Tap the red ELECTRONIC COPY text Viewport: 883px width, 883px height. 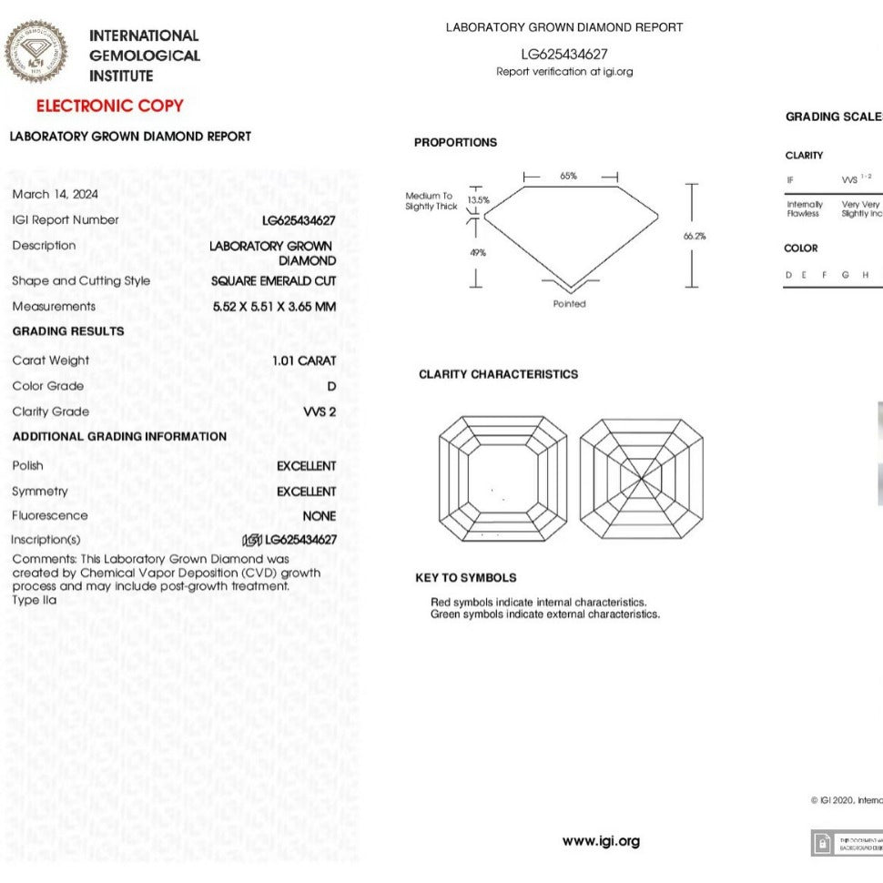pos(109,106)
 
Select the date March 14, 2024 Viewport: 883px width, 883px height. pos(56,194)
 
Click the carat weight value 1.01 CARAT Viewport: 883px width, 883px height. pos(304,360)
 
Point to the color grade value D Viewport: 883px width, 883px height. pos(331,386)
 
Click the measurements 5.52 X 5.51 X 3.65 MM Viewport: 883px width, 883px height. pos(274,307)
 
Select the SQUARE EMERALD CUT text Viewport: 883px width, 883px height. pos(273,281)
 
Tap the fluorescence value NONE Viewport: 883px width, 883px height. pos(319,516)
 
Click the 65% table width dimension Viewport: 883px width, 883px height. pos(568,176)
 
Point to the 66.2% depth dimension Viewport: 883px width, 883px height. pos(694,236)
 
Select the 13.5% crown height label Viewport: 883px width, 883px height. pos(478,199)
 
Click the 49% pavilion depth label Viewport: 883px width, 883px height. pos(477,252)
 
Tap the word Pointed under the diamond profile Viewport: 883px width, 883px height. pos(569,304)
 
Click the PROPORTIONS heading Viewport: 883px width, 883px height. pos(455,143)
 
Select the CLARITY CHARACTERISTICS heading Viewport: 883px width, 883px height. pos(498,374)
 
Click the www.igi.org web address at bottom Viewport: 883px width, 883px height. pos(601,841)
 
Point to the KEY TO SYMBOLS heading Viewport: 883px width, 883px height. pos(465,578)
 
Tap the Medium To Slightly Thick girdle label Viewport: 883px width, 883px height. pos(431,201)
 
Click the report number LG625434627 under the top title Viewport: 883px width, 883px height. pos(563,55)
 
